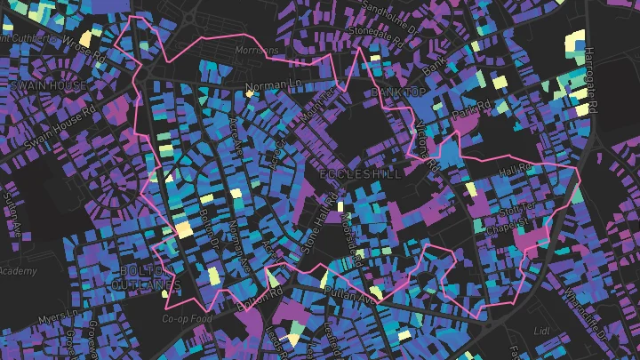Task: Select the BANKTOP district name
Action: (400, 92)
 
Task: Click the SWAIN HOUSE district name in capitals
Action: (49, 85)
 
